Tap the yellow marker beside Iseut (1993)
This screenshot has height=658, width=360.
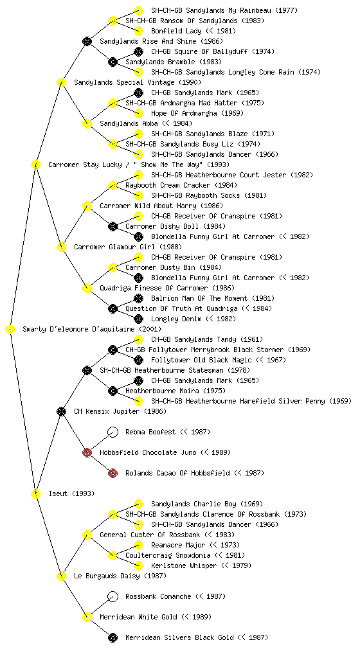coord(35,493)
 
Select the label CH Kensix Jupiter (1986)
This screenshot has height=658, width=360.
coord(120,411)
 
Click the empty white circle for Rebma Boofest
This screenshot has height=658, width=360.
coord(113,432)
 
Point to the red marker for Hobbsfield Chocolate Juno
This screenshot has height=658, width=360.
coord(87,452)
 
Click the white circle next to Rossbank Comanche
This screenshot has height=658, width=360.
coord(113,596)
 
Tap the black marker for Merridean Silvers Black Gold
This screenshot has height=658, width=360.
coord(113,637)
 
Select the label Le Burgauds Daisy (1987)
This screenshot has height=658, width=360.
coord(120,576)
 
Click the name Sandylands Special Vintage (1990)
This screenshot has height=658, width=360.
coord(138,82)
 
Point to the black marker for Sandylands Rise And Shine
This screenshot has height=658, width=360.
coord(87,41)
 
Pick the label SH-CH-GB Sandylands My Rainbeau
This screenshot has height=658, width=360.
coord(211,10)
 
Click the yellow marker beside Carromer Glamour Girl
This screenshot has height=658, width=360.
coord(61,247)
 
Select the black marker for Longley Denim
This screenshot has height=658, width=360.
coord(138,319)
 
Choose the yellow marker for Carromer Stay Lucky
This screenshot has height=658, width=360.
coord(35,164)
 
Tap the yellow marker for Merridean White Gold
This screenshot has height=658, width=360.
coord(87,617)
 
